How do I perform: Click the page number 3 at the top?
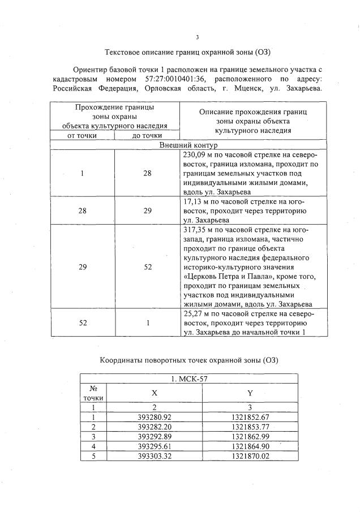tap(197, 37)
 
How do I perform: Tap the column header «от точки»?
tap(83, 135)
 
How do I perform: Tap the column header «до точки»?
tap(147, 135)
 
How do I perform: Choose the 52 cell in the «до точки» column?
tap(147, 266)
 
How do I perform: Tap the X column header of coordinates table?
tap(154, 392)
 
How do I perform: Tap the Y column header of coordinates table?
tap(250, 392)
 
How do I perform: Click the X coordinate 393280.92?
tap(154, 417)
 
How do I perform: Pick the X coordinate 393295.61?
tap(154, 446)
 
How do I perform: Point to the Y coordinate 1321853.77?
tap(250, 427)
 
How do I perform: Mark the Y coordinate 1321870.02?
tap(250, 456)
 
